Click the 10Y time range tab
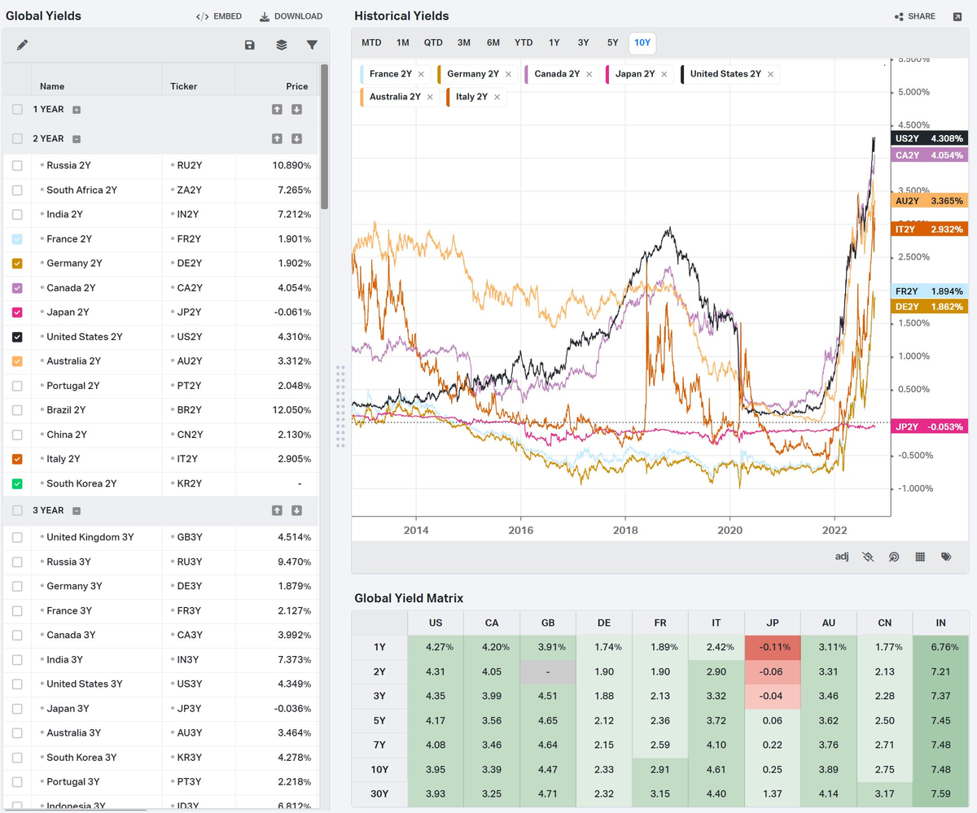click(x=642, y=43)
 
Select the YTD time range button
click(x=524, y=43)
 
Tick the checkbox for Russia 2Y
click(x=17, y=165)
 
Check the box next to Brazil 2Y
click(x=17, y=410)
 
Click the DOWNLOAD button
click(x=291, y=16)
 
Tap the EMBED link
click(x=219, y=16)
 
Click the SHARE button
click(x=915, y=16)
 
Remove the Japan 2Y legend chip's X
click(x=664, y=74)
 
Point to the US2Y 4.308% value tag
click(x=929, y=138)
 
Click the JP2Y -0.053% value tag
click(x=929, y=426)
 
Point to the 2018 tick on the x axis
click(x=625, y=530)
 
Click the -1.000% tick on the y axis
click(x=915, y=488)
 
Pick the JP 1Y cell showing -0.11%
click(x=773, y=648)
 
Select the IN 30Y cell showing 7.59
click(x=940, y=793)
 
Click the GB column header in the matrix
click(x=548, y=623)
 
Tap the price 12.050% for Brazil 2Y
click(x=291, y=410)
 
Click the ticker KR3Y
click(x=190, y=758)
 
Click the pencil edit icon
click(x=22, y=45)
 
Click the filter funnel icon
click(x=312, y=45)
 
